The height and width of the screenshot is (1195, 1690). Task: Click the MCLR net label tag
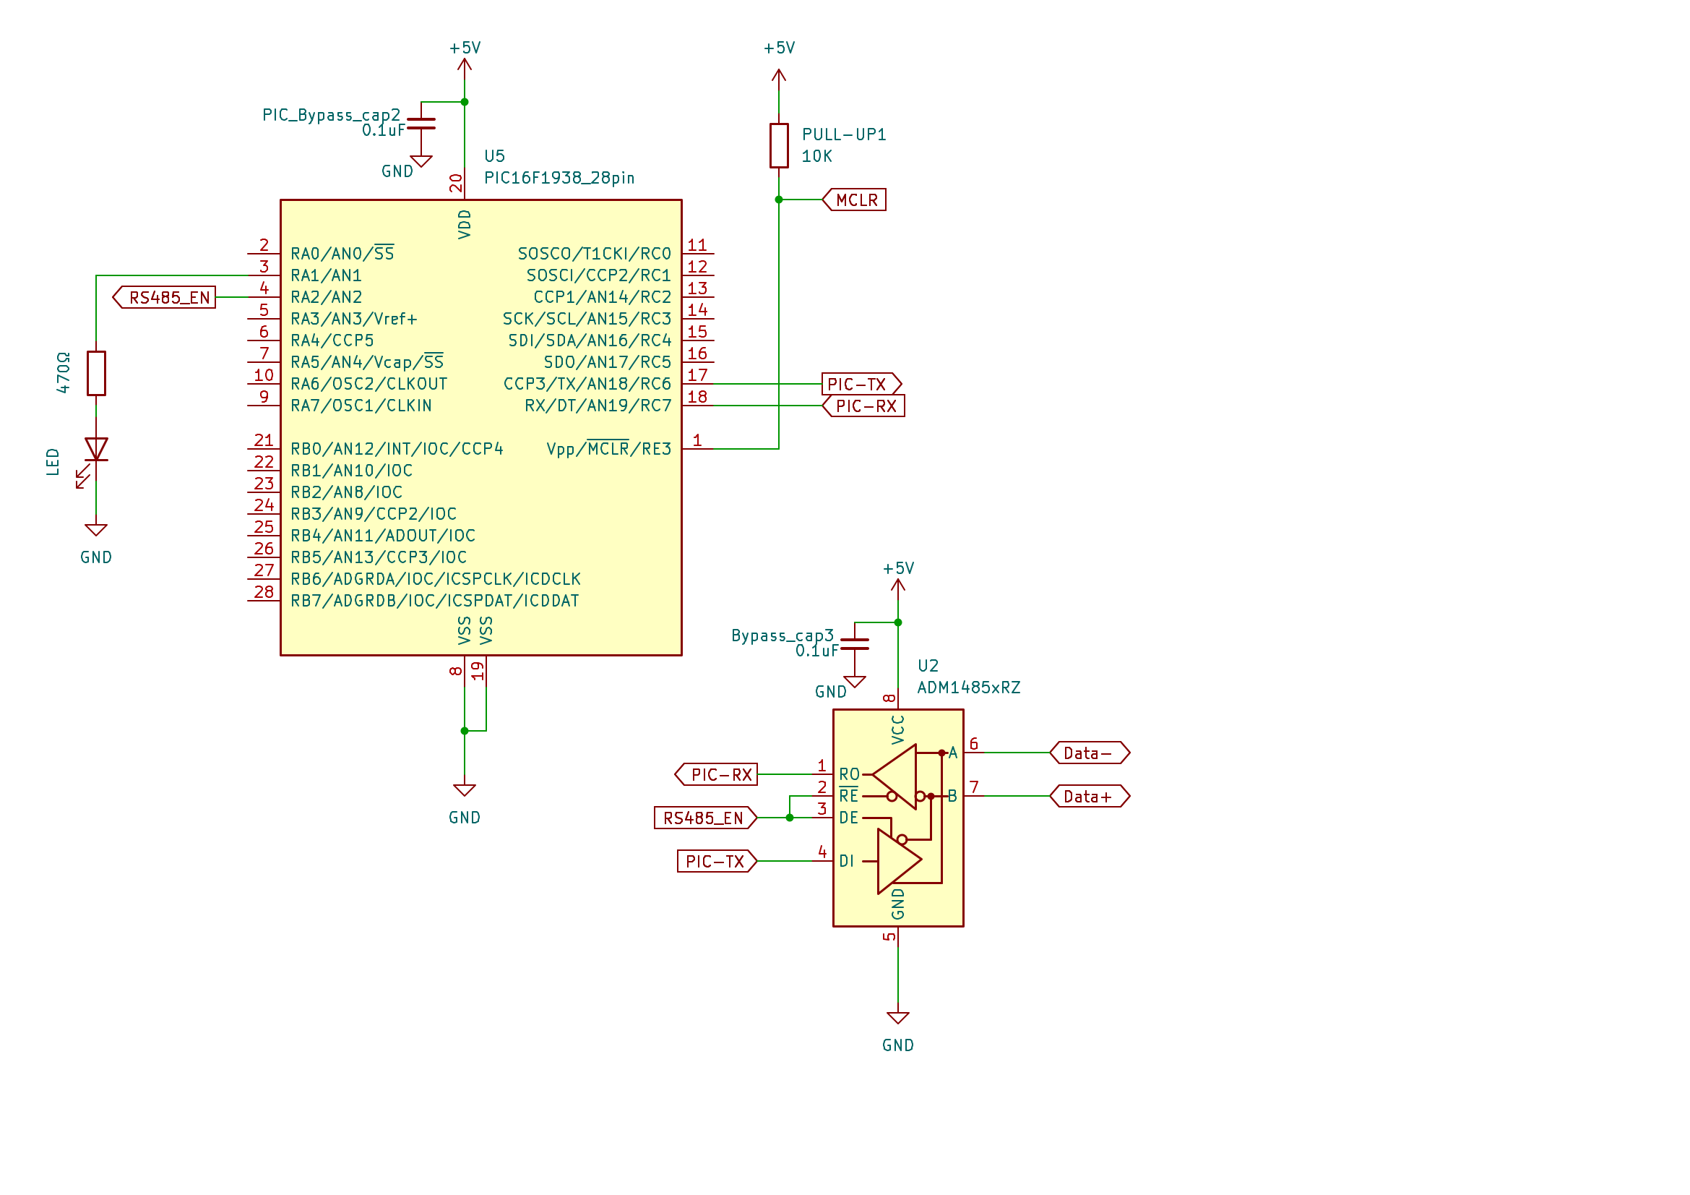(854, 200)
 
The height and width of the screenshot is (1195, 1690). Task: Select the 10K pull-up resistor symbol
(779, 146)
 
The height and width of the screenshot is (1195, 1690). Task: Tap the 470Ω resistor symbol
(96, 373)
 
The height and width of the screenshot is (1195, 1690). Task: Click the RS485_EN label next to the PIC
(164, 297)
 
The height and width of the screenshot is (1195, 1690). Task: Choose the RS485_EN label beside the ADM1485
(705, 818)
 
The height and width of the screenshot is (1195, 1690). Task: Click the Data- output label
(1090, 753)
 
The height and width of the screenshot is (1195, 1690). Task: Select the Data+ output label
(1090, 797)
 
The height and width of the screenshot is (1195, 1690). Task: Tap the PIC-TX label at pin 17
(861, 385)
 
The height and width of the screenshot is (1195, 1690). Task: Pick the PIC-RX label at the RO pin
(716, 774)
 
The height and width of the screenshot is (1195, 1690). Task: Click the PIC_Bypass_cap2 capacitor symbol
(421, 124)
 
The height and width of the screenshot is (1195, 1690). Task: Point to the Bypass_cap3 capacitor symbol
(855, 644)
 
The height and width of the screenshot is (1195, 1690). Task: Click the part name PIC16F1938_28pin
(559, 178)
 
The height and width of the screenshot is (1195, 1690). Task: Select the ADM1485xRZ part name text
(969, 688)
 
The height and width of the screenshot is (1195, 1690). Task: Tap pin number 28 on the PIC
(264, 592)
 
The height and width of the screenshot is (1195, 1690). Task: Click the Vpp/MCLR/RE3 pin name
(608, 448)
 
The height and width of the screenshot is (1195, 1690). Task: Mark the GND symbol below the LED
(96, 530)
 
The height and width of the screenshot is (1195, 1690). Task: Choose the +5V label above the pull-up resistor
(779, 48)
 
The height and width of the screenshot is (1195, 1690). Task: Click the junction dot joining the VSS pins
(465, 731)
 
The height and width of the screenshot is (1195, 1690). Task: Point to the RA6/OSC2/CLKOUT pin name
(368, 385)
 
